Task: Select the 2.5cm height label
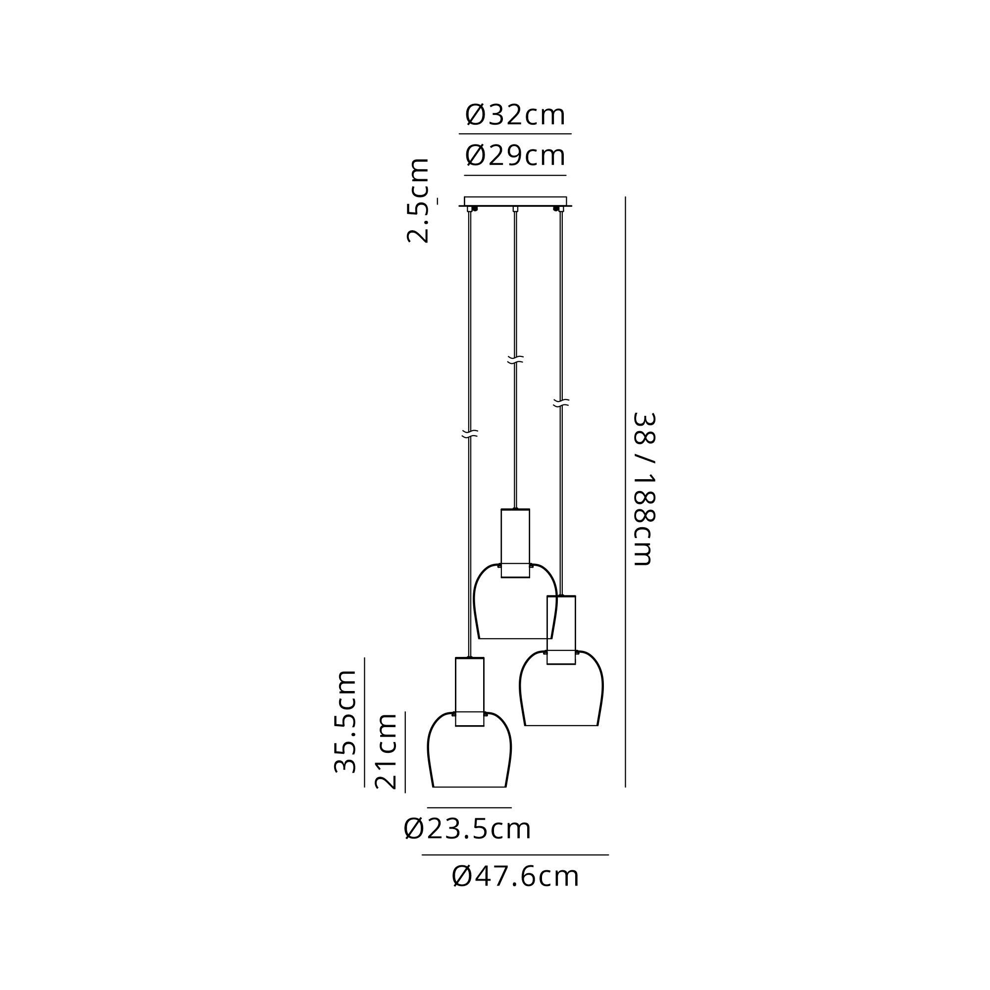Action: [x=418, y=200]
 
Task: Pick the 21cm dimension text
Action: [x=386, y=751]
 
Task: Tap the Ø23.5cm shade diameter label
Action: [x=467, y=829]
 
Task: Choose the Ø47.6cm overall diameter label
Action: [x=515, y=876]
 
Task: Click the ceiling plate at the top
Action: [x=515, y=201]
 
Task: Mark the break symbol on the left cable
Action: [x=470, y=434]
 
